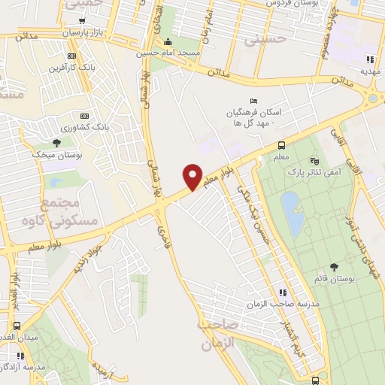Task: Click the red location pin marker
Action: coord(193,176)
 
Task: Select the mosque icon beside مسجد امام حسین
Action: coord(168,41)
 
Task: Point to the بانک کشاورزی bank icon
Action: coord(84,116)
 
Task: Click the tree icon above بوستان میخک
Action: coord(57,142)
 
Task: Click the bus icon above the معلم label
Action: coord(281,145)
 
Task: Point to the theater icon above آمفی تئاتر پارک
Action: coord(314,160)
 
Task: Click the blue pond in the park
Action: coord(290,212)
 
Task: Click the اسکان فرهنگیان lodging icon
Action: coord(253,102)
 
